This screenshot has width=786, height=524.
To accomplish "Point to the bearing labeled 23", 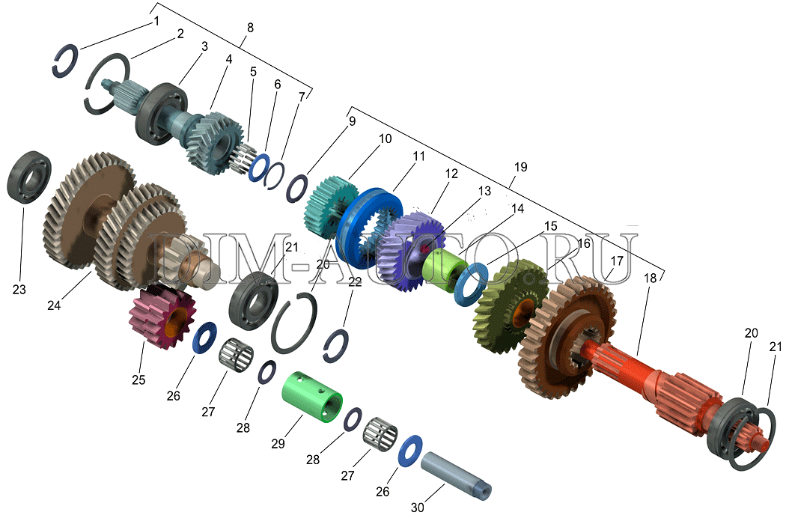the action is coord(30,177).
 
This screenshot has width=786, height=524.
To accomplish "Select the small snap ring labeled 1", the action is coord(66,61).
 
